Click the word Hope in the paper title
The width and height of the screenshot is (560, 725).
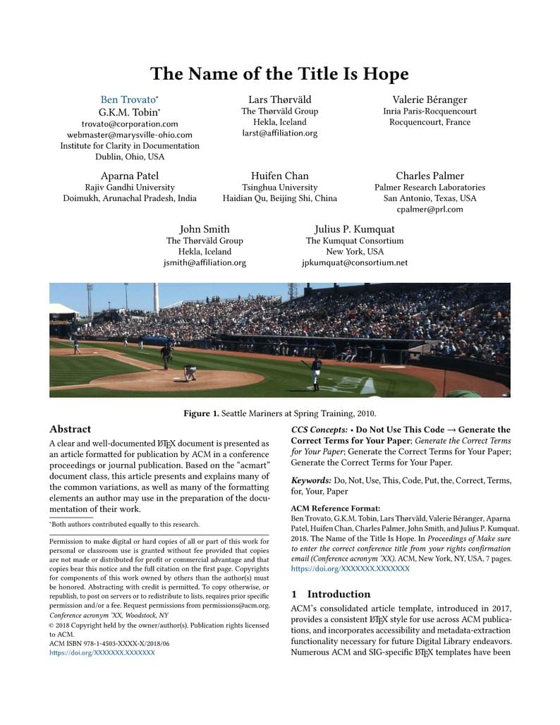tap(387, 74)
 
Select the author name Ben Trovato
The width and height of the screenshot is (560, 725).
tap(127, 99)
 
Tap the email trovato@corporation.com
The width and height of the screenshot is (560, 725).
tap(130, 123)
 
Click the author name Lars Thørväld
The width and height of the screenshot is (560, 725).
tap(279, 99)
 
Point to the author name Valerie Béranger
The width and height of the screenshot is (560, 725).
tap(430, 99)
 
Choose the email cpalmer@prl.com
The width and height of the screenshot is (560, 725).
tap(430, 209)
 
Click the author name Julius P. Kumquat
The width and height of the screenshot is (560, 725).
tap(354, 229)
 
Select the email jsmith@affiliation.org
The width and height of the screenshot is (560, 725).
tap(205, 263)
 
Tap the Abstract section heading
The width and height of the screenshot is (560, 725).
tap(70, 429)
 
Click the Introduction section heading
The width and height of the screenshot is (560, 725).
tap(339, 594)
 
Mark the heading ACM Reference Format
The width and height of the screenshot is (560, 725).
tap(335, 508)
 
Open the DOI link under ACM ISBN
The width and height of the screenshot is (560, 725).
tap(102, 653)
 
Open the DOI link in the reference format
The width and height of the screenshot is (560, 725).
tap(350, 568)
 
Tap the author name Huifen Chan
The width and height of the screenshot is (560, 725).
tap(279, 176)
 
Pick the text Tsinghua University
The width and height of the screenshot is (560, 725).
tap(279, 188)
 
